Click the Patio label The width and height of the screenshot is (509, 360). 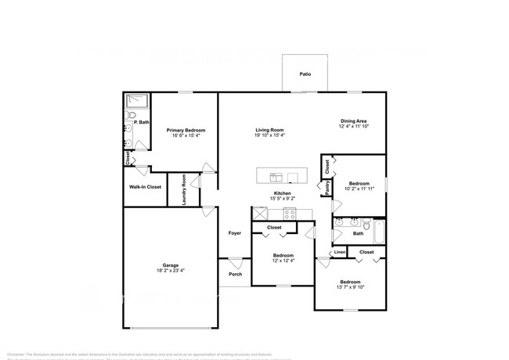(305, 74)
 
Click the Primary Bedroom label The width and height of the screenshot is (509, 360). (186, 130)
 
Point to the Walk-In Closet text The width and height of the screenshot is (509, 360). (145, 187)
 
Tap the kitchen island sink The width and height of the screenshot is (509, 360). (276, 175)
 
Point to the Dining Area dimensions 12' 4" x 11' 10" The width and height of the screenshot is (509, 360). (353, 126)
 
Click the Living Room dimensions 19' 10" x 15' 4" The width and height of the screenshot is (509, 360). (269, 135)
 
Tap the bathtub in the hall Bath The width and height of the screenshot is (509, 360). (379, 231)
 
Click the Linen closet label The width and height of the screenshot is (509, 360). (339, 252)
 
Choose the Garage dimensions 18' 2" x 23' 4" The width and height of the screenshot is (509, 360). (171, 271)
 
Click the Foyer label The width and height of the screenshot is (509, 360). (234, 233)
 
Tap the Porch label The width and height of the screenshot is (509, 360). (234, 274)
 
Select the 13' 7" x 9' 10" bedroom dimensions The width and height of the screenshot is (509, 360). (349, 286)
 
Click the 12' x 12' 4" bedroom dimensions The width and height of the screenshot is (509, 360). (283, 261)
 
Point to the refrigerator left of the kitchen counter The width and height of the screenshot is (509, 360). (258, 214)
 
